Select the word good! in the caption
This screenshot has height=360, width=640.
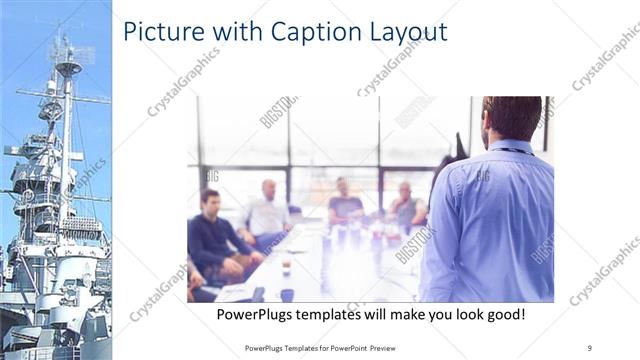pyautogui.click(x=502, y=315)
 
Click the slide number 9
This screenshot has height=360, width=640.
pyautogui.click(x=590, y=348)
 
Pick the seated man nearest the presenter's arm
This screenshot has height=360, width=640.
pyautogui.click(x=405, y=205)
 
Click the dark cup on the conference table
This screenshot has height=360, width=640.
pyautogui.click(x=286, y=295)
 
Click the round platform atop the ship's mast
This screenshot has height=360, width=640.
pyautogui.click(x=68, y=68)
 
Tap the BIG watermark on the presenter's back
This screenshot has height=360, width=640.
pyautogui.click(x=483, y=176)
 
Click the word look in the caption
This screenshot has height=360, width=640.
pyautogui.click(x=459, y=315)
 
